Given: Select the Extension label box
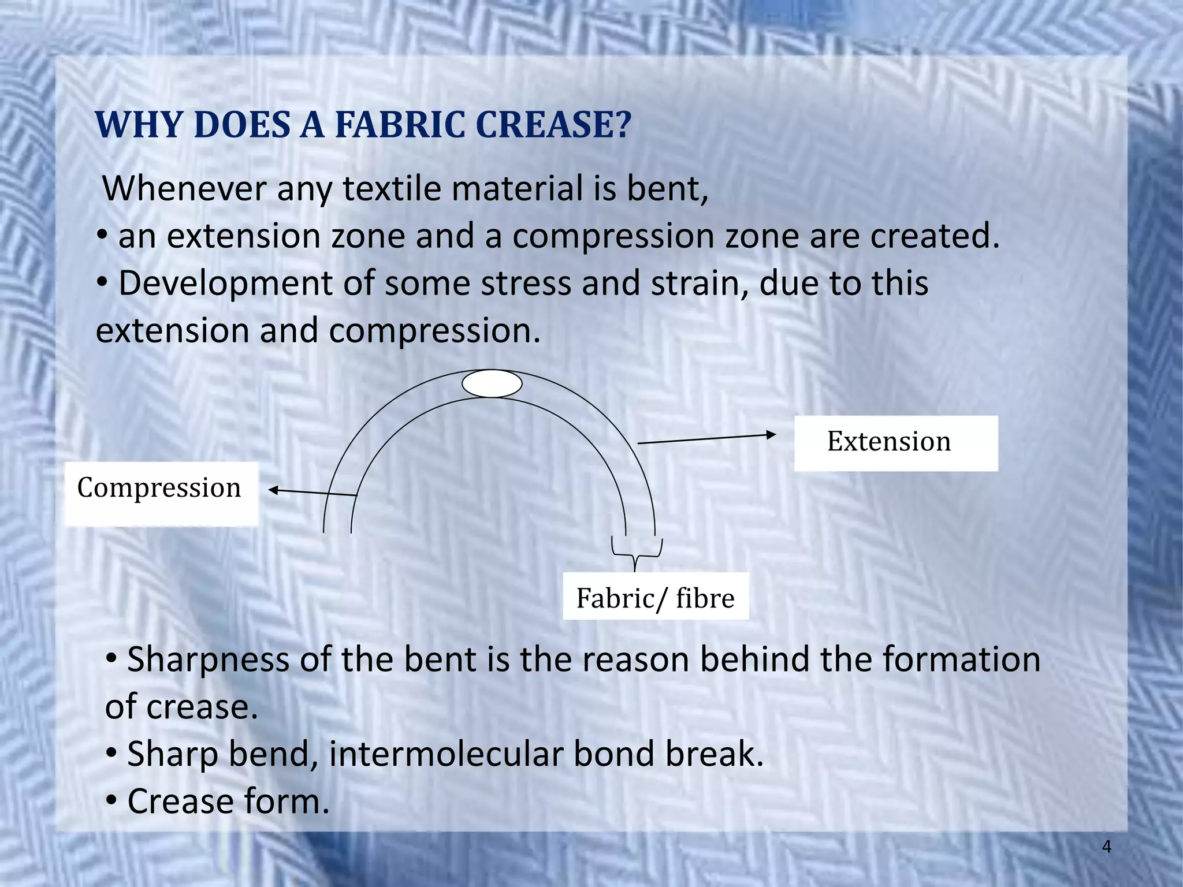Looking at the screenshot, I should point(895,443).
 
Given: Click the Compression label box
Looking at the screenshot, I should point(161,494).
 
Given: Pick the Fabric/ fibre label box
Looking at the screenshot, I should point(656,597).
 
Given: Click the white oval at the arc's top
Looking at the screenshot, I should point(492,383).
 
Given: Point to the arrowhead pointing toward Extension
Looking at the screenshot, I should point(771,434).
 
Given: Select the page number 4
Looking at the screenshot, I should point(1106,847).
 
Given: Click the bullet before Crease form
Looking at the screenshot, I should point(112,801).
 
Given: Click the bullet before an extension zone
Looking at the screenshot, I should point(102,236).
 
